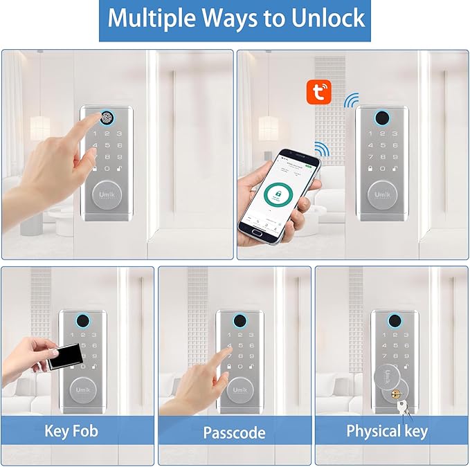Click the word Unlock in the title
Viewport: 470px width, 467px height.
321,19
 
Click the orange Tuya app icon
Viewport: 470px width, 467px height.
319,91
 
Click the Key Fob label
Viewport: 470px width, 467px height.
71,432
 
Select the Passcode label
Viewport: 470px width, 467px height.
234,433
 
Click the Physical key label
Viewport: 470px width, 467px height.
387,432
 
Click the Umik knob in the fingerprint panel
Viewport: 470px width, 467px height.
107,194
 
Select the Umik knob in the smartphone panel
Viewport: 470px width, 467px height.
382,194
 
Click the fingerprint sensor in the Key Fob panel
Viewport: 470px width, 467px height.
82,322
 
